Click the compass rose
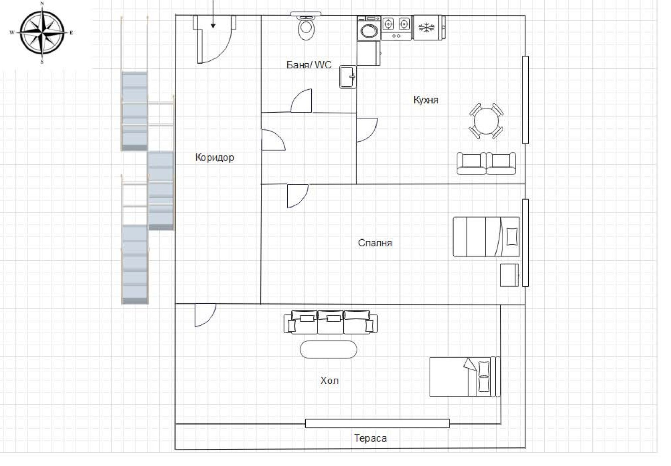point(42,32)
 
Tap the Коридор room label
point(214,157)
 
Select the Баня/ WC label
point(309,65)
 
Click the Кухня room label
point(426,100)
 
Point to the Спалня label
point(375,242)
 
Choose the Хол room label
point(330,381)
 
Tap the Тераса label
point(371,438)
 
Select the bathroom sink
point(348,77)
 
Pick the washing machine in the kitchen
point(369,28)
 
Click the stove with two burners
point(396,28)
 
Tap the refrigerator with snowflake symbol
point(428,28)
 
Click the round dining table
point(486,121)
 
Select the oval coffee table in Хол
point(328,349)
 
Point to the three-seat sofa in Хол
point(330,322)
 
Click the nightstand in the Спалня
point(509,275)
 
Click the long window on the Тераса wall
point(377,423)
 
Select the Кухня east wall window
point(525,100)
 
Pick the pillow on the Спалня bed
point(512,236)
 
